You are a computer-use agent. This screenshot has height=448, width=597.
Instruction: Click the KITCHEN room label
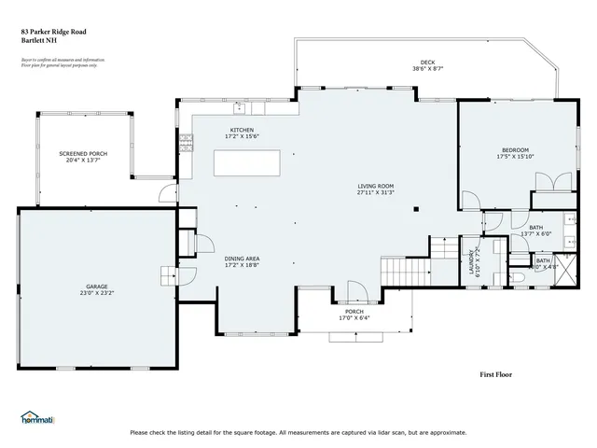click(242, 130)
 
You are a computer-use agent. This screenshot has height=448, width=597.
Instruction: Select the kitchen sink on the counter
click(238, 106)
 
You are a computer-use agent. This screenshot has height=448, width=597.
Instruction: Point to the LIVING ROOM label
click(376, 186)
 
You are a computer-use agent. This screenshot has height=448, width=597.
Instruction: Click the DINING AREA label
click(242, 259)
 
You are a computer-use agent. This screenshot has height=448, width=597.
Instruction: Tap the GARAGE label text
click(97, 286)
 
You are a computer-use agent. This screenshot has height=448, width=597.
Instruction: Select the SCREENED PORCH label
click(83, 153)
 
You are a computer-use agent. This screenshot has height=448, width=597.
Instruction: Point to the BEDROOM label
click(515, 149)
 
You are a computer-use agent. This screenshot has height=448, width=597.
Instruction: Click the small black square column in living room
click(419, 208)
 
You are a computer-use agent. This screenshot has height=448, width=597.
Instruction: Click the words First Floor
click(495, 374)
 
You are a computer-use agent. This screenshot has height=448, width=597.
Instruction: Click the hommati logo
click(37, 418)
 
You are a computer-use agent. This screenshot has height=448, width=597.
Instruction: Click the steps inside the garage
click(168, 277)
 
